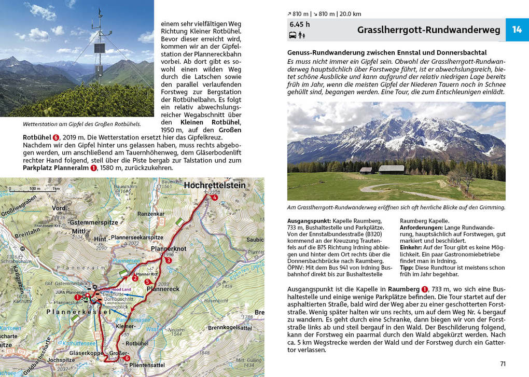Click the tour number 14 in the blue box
pos(517,30)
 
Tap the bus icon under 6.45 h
pos(293,36)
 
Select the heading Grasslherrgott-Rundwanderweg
pos(428,30)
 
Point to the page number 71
pos(503,364)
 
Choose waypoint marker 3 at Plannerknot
pos(169,260)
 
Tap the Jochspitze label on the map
pos(58,359)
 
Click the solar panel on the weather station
pos(99,48)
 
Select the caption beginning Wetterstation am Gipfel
pos(81,124)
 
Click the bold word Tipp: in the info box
pos(406,268)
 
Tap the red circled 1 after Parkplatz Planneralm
pos(94,168)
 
